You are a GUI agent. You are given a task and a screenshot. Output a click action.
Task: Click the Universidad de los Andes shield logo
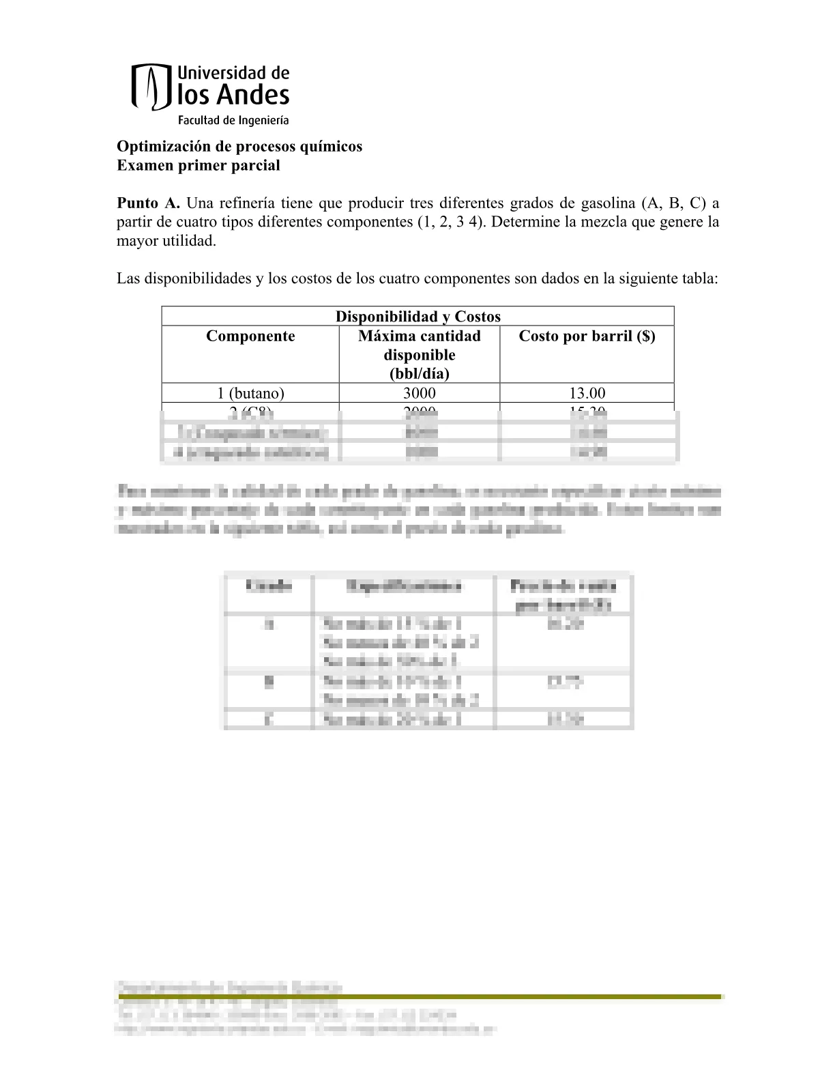click(150, 87)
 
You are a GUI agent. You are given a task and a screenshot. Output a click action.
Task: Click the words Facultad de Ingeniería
click(233, 121)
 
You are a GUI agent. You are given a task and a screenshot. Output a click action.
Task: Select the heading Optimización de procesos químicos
click(239, 147)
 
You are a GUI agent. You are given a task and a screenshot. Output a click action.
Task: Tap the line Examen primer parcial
click(199, 165)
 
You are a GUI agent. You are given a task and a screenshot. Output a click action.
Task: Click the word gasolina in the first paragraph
click(608, 203)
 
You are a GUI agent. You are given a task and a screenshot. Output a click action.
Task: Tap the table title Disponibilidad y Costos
click(417, 317)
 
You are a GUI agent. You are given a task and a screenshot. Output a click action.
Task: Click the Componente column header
click(250, 336)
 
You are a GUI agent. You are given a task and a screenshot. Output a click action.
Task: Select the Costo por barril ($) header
click(587, 336)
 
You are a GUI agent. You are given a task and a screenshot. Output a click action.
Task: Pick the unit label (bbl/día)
click(419, 373)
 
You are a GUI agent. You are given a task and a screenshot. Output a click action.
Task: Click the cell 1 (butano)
click(250, 393)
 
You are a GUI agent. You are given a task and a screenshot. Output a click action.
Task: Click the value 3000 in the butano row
click(419, 393)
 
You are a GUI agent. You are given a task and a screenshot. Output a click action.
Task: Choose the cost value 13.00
click(587, 393)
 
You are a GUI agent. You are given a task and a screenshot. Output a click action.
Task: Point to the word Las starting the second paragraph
click(128, 278)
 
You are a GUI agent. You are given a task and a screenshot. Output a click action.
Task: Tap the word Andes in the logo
click(252, 96)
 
